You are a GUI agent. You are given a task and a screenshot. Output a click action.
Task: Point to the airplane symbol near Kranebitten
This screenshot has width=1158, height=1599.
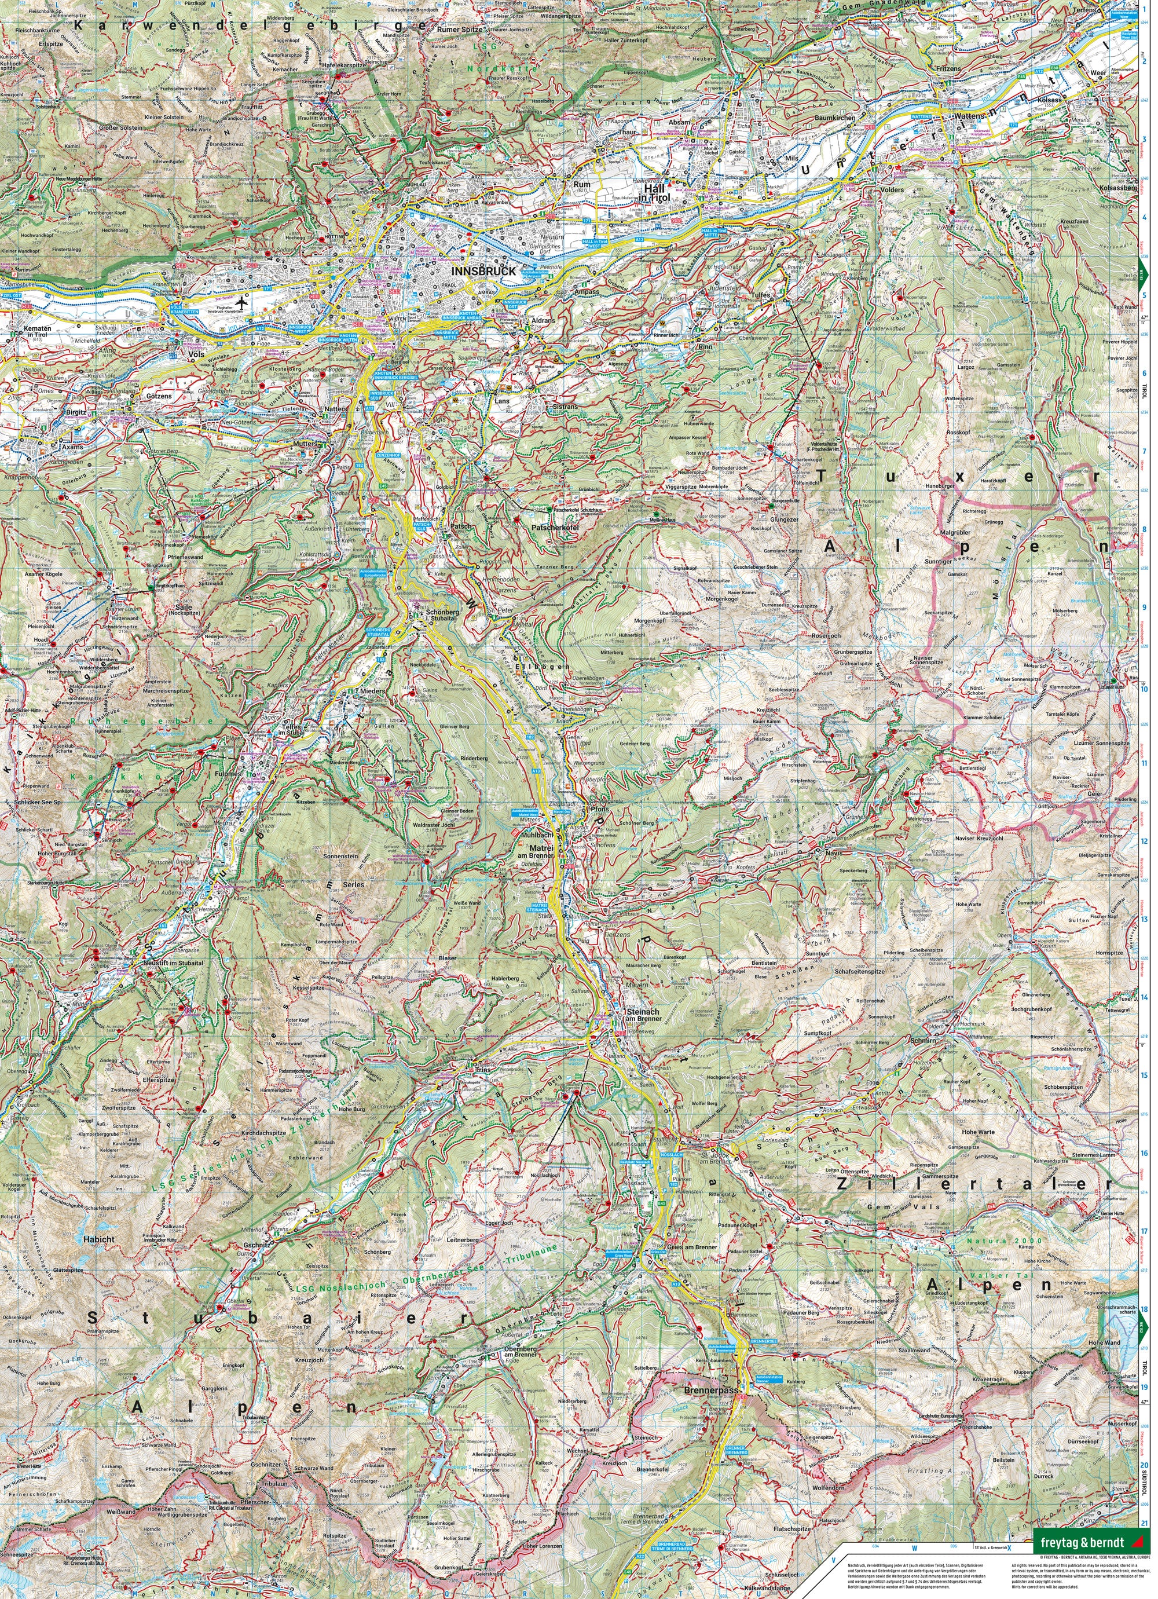243,302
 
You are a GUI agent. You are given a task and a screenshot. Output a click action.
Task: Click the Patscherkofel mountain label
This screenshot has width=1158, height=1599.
555,526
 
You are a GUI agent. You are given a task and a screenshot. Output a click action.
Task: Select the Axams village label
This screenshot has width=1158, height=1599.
72,447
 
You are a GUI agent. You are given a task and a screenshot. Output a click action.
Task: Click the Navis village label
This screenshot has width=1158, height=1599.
833,852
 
